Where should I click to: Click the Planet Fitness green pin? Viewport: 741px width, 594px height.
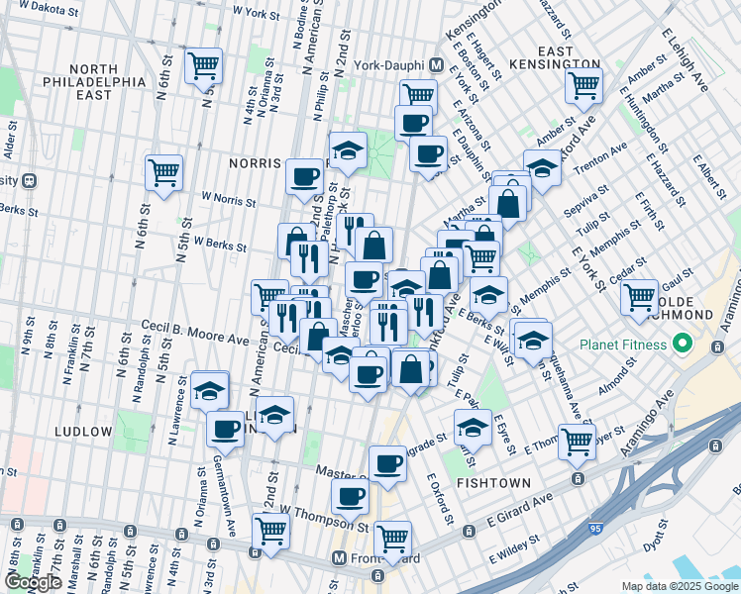(681, 346)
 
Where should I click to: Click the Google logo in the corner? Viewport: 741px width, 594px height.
(33, 582)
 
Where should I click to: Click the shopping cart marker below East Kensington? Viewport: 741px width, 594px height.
(583, 84)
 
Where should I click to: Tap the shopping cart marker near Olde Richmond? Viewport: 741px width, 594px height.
(640, 296)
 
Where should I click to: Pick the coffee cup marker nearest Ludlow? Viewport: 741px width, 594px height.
(226, 428)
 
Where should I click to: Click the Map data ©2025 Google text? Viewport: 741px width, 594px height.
(680, 586)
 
